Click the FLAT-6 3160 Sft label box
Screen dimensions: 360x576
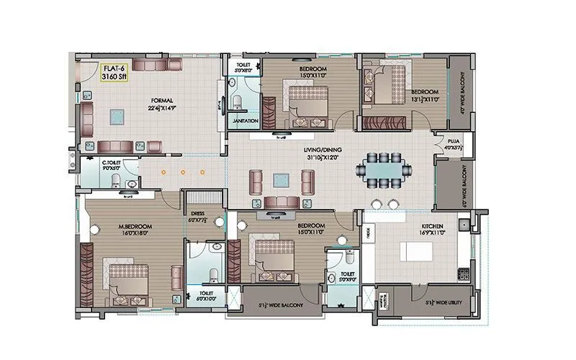pyautogui.click(x=114, y=73)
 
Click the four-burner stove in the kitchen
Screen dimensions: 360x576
pyautogui.click(x=463, y=274)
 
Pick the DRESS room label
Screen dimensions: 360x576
pyautogui.click(x=197, y=213)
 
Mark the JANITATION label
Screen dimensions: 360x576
pyautogui.click(x=246, y=121)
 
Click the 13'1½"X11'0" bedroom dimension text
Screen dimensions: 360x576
pyautogui.click(x=425, y=100)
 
